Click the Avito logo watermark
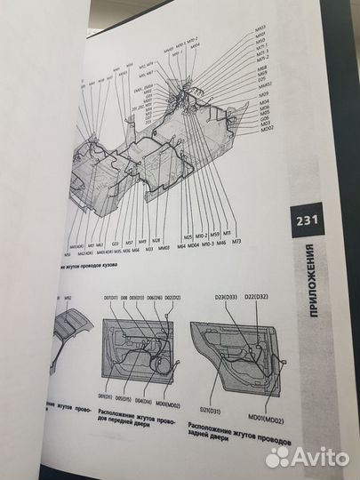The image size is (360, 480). tap(307, 456)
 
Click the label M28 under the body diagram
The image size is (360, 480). tap(156, 240)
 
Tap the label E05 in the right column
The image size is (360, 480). tap(262, 78)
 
